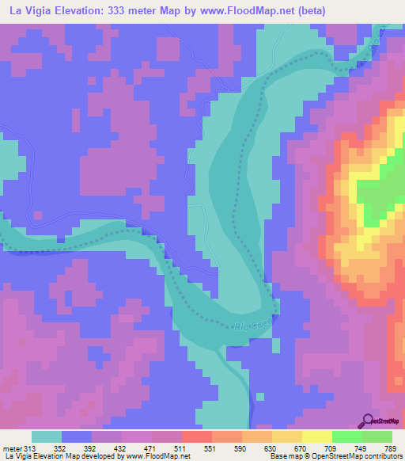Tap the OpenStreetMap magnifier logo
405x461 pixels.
369,420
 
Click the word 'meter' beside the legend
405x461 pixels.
13,449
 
